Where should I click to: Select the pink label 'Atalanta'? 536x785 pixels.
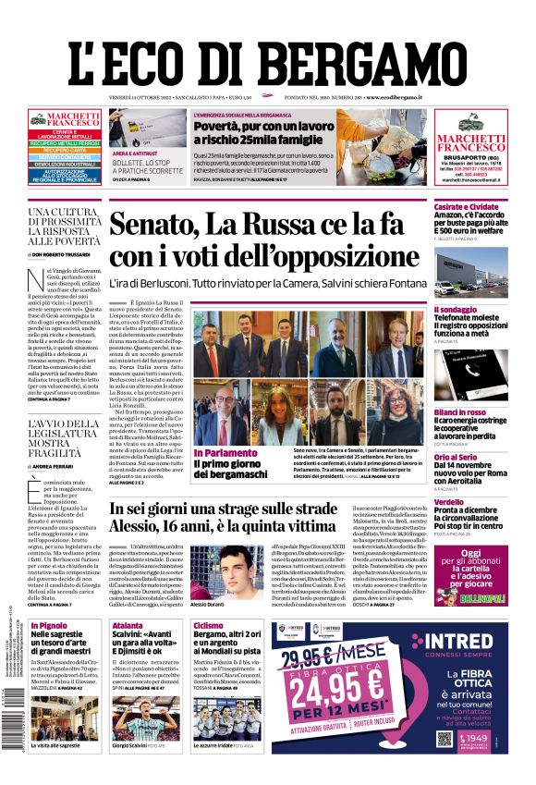[x=128, y=626]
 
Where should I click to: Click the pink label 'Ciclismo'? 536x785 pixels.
[x=208, y=626]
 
